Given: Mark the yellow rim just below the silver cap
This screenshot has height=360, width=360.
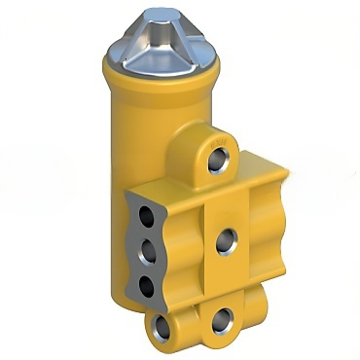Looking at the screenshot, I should [161, 70].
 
